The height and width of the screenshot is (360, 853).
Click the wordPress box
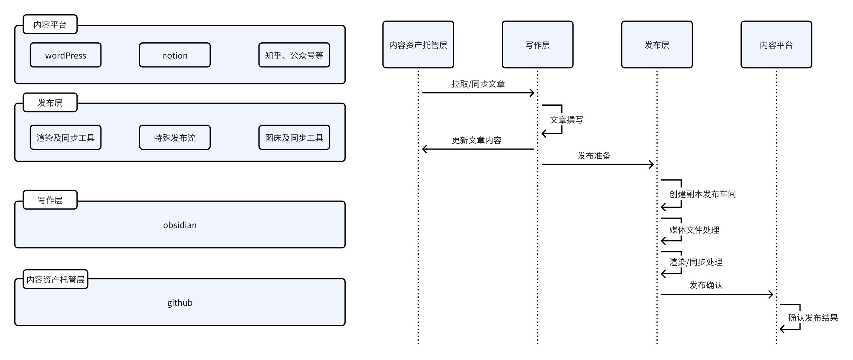66,55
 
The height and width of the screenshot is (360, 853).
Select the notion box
175,55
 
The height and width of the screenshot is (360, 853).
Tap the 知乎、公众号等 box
294,55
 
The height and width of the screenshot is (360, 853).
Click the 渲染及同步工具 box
66,137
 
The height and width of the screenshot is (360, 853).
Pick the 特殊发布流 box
175,137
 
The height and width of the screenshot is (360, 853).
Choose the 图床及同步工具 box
294,137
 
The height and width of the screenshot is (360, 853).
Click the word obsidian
180,225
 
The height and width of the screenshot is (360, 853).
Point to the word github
180,303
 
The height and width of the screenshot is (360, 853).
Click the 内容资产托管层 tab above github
55,279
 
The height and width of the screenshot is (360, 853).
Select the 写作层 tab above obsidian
50,200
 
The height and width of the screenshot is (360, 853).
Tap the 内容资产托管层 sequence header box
418,45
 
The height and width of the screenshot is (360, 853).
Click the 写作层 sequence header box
538,45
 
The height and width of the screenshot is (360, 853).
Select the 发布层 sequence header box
657,45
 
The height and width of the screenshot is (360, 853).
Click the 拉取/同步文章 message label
478,84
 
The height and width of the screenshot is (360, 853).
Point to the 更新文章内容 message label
477,140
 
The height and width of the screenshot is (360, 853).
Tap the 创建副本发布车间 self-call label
702,194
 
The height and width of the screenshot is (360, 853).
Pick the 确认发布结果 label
813,318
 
